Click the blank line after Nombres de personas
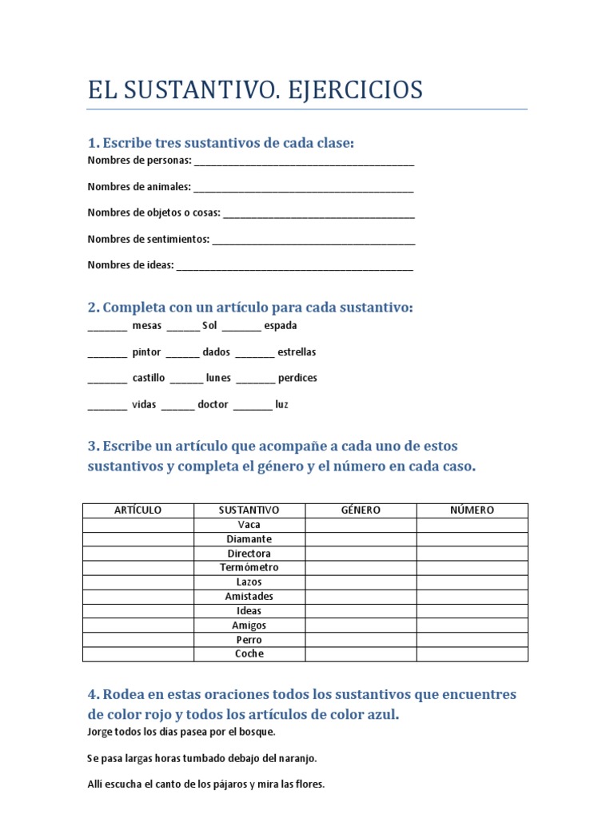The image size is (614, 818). (304, 162)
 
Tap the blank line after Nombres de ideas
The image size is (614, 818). (295, 267)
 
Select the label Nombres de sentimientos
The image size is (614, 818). (149, 239)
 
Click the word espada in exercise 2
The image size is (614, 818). (280, 326)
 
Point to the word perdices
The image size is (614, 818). (297, 378)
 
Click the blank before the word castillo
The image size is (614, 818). (107, 379)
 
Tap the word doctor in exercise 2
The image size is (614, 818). (213, 405)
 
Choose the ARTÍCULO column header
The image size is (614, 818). (138, 510)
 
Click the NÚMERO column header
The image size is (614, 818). (472, 510)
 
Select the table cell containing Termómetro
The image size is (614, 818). (249, 568)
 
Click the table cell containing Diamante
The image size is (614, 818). (249, 539)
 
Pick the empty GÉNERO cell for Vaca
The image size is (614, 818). (361, 525)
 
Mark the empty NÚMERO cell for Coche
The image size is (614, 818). (472, 654)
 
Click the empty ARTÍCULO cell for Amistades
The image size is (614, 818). (138, 597)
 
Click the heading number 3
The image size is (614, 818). (93, 446)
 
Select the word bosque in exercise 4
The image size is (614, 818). (257, 732)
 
